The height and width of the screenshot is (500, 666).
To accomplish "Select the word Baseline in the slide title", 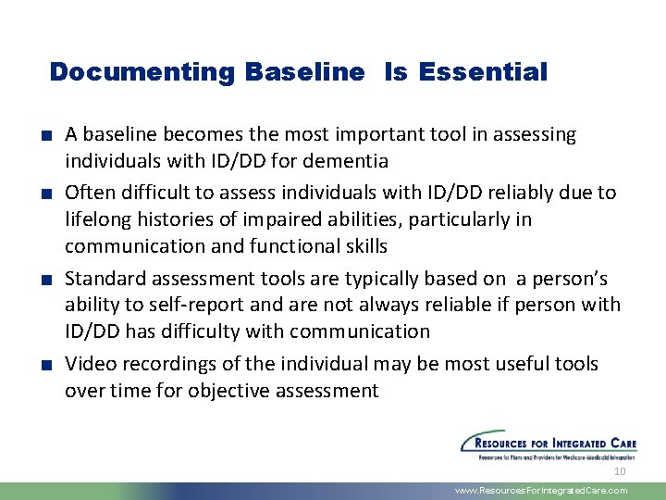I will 305,72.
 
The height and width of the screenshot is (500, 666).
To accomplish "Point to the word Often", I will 88,193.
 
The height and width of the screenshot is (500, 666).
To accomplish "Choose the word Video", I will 88,364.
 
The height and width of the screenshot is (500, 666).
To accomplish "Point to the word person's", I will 575,278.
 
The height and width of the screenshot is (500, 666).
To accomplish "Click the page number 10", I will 620,471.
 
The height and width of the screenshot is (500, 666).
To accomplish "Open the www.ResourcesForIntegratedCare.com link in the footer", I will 541,491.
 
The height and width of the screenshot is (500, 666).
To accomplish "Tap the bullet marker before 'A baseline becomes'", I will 45,136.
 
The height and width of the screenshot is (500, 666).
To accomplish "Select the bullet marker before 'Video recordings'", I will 45,365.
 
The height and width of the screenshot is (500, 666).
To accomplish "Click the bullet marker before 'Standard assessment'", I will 45,279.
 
